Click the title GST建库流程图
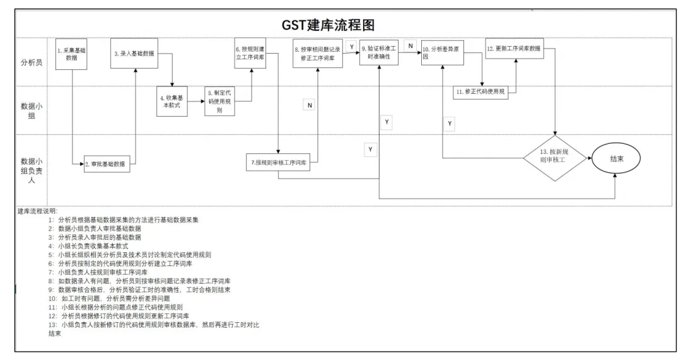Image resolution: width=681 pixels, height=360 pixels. point(328,25)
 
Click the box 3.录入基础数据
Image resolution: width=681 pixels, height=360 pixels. point(133,54)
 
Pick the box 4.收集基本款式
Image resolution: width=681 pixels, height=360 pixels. point(172,101)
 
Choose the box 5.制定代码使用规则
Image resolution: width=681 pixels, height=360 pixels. point(219,101)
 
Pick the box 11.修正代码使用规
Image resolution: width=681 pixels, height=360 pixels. point(480,91)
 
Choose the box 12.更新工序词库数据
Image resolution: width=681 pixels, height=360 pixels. point(515,49)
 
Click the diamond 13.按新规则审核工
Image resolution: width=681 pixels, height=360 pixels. point(555,158)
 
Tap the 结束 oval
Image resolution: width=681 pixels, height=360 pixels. point(616,159)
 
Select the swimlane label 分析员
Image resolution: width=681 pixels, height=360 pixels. point(32,63)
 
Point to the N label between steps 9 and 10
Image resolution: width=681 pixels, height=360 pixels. point(410,46)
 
